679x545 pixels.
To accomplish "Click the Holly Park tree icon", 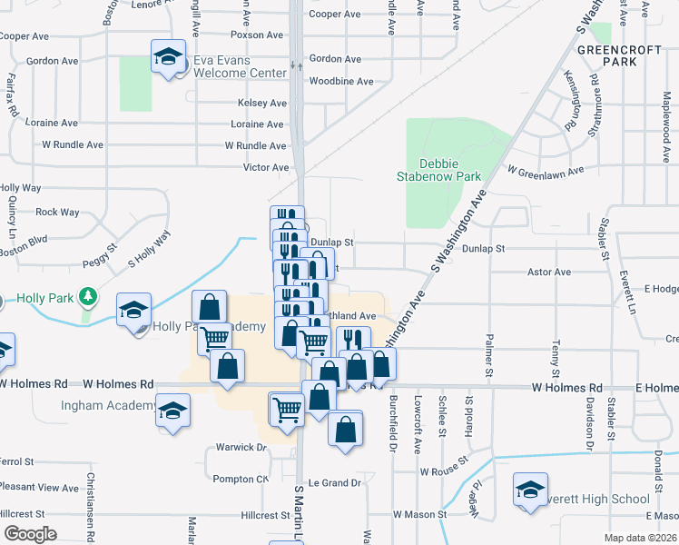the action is pos(88,296).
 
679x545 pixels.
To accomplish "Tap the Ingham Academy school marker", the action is pos(172,411).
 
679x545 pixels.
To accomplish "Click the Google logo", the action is pos(29,534).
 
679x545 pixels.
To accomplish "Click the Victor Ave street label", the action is pos(266,168).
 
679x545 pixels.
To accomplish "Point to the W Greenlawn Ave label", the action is pos(544,170).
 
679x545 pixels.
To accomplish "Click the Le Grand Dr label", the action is pos(335,483).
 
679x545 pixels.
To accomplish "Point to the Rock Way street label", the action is pos(57,213).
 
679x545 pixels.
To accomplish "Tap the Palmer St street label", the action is pos(487,359).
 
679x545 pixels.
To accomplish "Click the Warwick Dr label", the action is pos(241,448).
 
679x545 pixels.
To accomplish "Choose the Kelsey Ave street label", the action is pos(261,104).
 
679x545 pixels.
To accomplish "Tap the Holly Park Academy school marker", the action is pos(134,311).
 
